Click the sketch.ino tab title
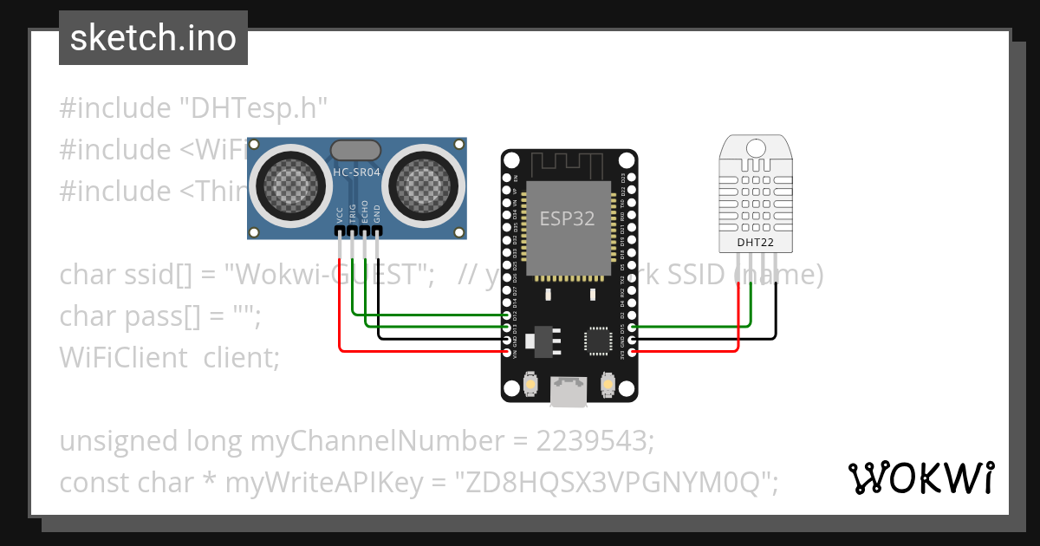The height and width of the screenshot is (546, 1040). tap(153, 38)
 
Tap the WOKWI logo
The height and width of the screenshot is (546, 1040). tap(920, 478)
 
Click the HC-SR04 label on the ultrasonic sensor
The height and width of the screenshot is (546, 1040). tap(357, 172)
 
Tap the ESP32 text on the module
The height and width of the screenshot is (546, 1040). tap(568, 218)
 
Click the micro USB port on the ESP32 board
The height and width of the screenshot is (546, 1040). tap(569, 391)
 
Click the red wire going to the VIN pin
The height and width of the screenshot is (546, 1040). tap(416, 351)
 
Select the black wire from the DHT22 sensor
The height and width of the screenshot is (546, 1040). tap(776, 312)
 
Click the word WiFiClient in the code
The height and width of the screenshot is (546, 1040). tap(123, 357)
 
